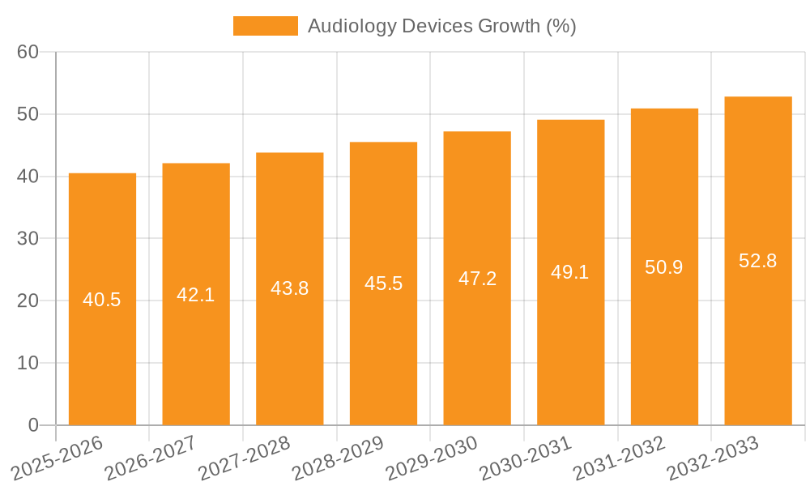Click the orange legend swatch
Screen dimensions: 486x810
point(265,26)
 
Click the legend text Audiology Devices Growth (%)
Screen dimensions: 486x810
point(441,26)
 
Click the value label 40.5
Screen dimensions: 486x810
point(102,300)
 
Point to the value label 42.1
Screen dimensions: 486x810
point(196,295)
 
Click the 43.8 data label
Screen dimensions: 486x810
point(290,288)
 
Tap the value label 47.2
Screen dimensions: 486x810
point(477,279)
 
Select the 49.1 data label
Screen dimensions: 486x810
point(571,272)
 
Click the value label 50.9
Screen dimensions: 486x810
point(664,266)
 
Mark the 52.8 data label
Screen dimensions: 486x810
point(758,261)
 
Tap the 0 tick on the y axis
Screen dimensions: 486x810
point(33,425)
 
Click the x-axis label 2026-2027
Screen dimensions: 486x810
point(151,458)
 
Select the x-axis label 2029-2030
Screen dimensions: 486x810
point(432,458)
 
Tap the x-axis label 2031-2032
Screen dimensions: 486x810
point(619,458)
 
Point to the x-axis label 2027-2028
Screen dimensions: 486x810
point(245,458)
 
